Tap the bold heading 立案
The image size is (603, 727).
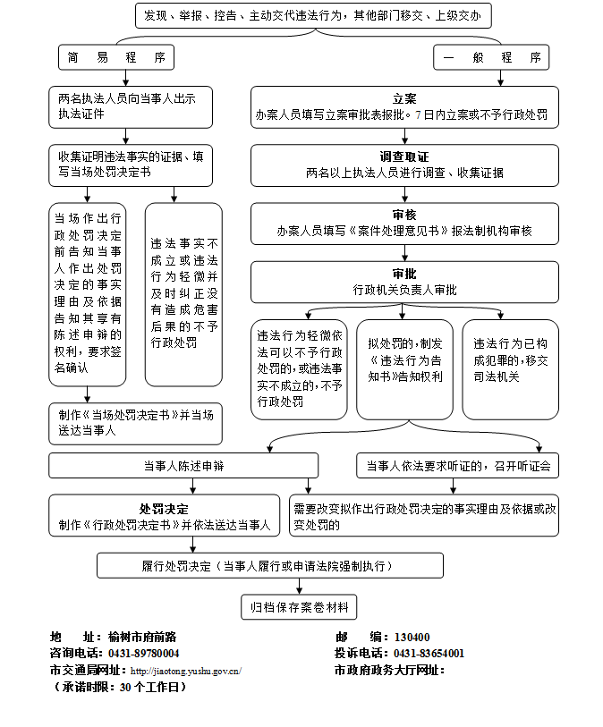404,98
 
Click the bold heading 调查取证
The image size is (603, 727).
404,156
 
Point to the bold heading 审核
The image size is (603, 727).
404,215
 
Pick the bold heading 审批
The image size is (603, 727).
404,274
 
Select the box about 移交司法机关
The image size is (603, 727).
510,368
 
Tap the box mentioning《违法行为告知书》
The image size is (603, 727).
403,368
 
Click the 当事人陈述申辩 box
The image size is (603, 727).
183,465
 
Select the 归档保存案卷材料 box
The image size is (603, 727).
299,607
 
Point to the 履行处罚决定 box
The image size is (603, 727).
269,565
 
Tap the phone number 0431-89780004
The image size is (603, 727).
143,654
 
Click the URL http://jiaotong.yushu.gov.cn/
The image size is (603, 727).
186,671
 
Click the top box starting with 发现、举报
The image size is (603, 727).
314,16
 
